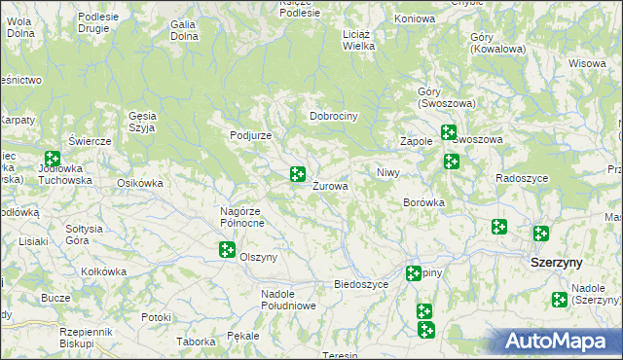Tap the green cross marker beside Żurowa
point(298,175)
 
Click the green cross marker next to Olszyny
point(227,250)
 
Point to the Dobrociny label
point(335,116)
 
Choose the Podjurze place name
point(250,135)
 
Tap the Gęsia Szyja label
point(143,121)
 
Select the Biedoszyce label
point(361,284)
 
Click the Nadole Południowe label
point(288,300)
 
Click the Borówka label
point(423,203)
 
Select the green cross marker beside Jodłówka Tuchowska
point(53,159)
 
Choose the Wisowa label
point(588,64)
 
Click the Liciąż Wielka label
point(359,39)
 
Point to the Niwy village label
point(388,172)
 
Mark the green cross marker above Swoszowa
point(448,132)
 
